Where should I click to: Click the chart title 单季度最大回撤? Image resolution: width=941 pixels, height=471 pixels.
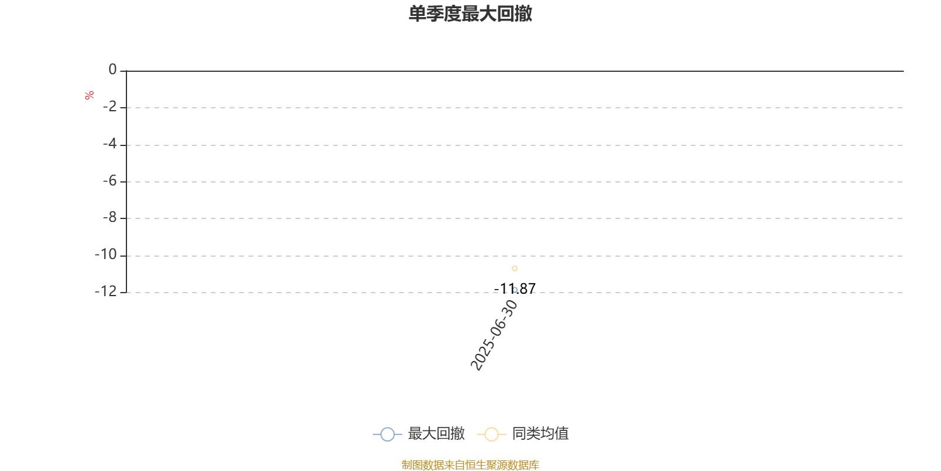pyautogui.click(x=470, y=14)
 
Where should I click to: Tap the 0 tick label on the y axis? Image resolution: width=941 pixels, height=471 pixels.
pyautogui.click(x=112, y=69)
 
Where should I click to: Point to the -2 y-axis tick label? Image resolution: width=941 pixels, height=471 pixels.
pyautogui.click(x=109, y=107)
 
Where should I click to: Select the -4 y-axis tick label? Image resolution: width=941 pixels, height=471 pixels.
pyautogui.click(x=109, y=144)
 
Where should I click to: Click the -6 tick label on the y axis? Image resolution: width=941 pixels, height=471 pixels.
pyautogui.click(x=109, y=181)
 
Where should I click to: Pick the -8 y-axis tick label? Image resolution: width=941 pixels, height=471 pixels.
pyautogui.click(x=109, y=217)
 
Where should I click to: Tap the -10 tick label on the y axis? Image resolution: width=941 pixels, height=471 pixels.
pyautogui.click(x=105, y=254)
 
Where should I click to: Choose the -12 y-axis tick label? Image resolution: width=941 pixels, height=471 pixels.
pyautogui.click(x=105, y=291)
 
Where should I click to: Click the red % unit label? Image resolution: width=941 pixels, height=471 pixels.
pyautogui.click(x=89, y=95)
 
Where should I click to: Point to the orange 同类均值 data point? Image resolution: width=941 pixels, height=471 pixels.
pyautogui.click(x=515, y=268)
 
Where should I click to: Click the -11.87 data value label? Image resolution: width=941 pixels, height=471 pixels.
pyautogui.click(x=515, y=288)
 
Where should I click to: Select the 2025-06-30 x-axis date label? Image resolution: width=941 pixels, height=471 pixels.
pyautogui.click(x=493, y=335)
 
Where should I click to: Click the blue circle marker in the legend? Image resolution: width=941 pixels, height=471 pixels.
pyautogui.click(x=388, y=434)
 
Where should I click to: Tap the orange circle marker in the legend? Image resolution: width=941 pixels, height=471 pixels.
pyautogui.click(x=492, y=434)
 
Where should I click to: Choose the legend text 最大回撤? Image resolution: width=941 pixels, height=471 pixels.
pyautogui.click(x=436, y=433)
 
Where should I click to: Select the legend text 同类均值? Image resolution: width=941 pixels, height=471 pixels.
pyautogui.click(x=540, y=433)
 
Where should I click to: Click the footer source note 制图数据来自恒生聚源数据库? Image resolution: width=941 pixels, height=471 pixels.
pyautogui.click(x=470, y=465)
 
